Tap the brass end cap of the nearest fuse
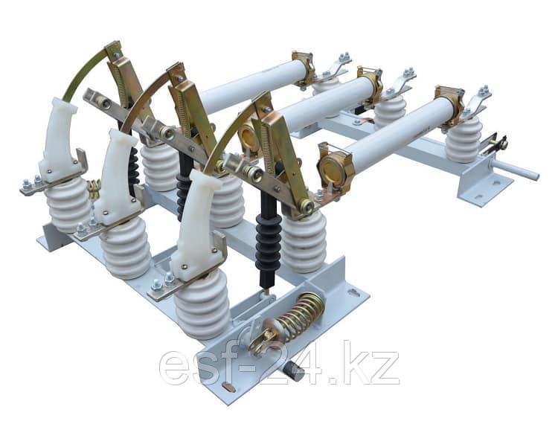coord(331,169)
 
